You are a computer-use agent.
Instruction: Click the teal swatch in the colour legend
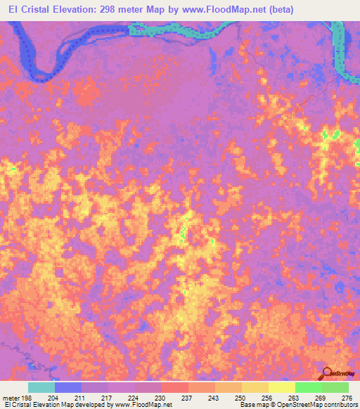pyautogui.click(x=41, y=387)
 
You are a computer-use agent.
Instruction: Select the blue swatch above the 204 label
pyautogui.click(x=68, y=387)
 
